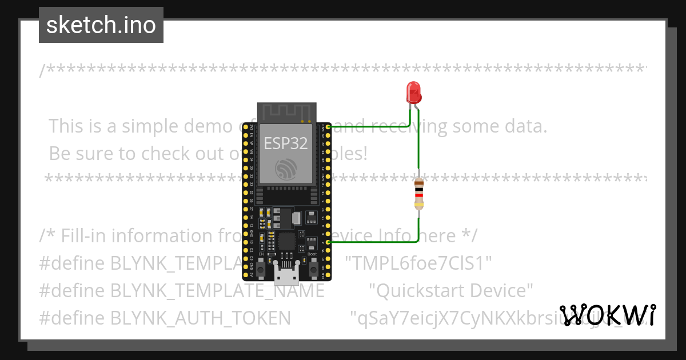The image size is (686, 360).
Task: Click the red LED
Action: (413, 93)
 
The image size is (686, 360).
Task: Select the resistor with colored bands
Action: (420, 192)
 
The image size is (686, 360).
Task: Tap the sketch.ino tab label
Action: (101, 25)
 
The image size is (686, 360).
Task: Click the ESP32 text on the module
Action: (285, 143)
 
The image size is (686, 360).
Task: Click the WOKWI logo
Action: (608, 315)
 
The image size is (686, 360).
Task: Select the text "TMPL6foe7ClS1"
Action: (422, 263)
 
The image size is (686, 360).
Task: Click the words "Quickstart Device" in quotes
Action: (451, 290)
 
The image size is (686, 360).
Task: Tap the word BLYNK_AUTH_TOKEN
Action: (201, 318)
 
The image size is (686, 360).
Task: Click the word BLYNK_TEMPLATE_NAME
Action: (217, 290)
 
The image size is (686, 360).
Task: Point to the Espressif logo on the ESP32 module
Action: (286, 169)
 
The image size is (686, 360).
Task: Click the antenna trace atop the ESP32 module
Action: (286, 112)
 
